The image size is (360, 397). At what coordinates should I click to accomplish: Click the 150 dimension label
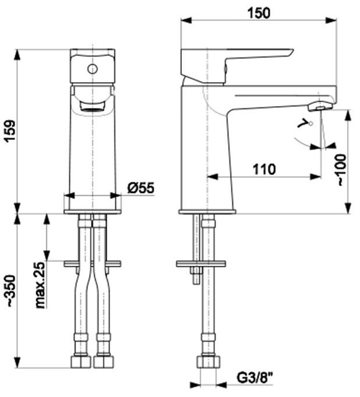point(258,13)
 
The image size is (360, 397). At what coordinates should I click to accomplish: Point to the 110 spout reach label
point(264,169)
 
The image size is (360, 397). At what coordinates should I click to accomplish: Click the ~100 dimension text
point(341,170)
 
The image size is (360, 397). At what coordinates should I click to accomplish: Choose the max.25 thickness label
point(40,285)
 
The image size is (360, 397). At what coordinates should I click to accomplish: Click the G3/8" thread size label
point(255,378)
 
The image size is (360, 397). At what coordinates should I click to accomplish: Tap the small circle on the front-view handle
point(93,69)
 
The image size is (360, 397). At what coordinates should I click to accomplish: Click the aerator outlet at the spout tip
point(320,106)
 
